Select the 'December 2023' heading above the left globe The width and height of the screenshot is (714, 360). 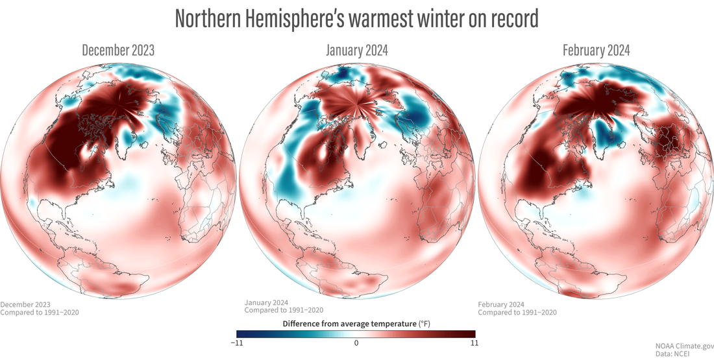click(x=118, y=51)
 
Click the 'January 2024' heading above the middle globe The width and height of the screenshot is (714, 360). click(x=356, y=51)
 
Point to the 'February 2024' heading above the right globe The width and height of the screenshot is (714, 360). click(x=595, y=51)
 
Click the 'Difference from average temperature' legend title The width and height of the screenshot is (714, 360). click(x=347, y=322)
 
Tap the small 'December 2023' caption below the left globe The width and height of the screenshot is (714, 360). click(x=25, y=304)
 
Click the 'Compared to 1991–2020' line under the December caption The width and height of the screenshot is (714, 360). click(x=40, y=313)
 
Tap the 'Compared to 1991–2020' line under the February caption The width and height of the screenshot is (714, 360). click(x=517, y=313)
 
